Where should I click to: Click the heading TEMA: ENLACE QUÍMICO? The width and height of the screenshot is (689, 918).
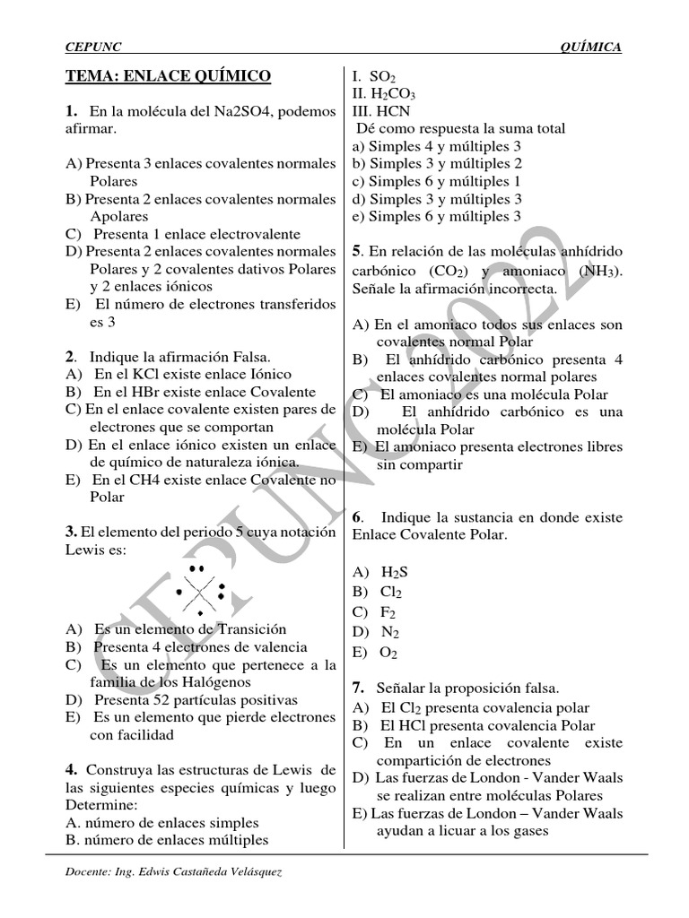[x=168, y=76]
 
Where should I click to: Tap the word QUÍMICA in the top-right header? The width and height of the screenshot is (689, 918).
[x=589, y=47]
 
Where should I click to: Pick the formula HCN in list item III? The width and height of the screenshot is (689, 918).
[x=392, y=111]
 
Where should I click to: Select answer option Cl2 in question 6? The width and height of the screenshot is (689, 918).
[x=391, y=593]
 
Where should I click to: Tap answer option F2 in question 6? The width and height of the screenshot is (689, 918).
[x=388, y=612]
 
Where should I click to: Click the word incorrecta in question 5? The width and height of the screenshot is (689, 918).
[x=523, y=290]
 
